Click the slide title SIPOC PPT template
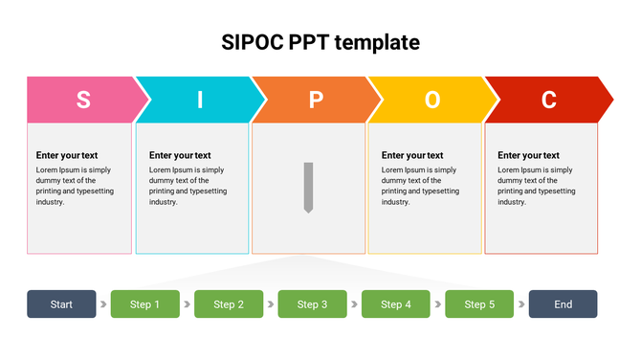tap(320, 42)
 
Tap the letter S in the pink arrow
tap(83, 100)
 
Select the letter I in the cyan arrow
tap(200, 100)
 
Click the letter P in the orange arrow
tap(316, 100)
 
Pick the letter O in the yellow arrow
tap(432, 100)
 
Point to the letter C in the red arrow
tap(548, 100)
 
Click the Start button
tap(61, 304)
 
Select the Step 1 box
tap(145, 304)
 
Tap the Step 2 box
tap(229, 304)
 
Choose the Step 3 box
tap(312, 304)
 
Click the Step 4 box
tap(396, 304)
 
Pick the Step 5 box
tap(479, 304)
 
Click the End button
tap(563, 304)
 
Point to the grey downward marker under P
tap(308, 187)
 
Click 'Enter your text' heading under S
tap(67, 155)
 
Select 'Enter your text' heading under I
tap(180, 155)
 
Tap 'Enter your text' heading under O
tap(412, 155)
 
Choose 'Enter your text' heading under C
tap(528, 155)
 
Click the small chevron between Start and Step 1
tap(103, 304)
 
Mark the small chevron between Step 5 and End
tap(521, 304)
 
